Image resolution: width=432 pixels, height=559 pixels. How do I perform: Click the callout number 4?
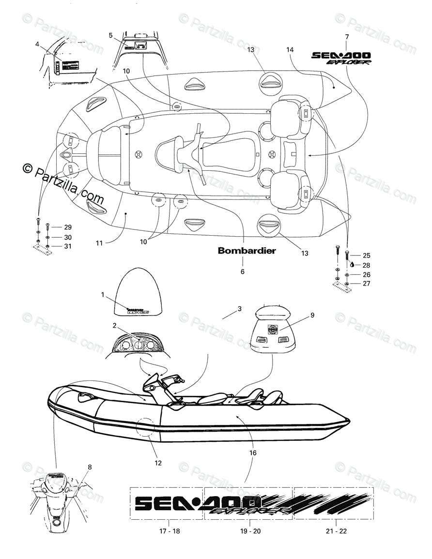(37, 44)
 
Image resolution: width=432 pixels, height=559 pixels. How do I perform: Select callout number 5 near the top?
(110, 35)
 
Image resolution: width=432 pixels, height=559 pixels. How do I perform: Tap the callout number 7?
(346, 37)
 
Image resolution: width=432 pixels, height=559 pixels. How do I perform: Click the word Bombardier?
(247, 251)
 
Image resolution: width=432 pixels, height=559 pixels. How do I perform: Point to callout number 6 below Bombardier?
(242, 272)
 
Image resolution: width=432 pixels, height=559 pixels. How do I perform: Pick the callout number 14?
(290, 49)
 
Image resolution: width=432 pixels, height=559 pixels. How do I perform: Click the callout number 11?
(99, 243)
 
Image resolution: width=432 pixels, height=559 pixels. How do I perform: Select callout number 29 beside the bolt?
(67, 227)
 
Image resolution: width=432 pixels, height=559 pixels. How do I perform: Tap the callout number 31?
(67, 247)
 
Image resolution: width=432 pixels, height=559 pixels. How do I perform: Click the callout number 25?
(366, 255)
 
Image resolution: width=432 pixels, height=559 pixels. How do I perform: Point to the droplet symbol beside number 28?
(352, 264)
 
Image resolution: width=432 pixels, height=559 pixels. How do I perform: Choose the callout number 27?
(366, 284)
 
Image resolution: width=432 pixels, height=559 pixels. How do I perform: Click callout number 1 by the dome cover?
(103, 294)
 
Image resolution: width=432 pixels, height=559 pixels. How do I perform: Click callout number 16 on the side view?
(253, 453)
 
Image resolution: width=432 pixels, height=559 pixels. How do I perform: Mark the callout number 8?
(89, 467)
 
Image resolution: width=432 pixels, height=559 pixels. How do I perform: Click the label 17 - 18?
(169, 531)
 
